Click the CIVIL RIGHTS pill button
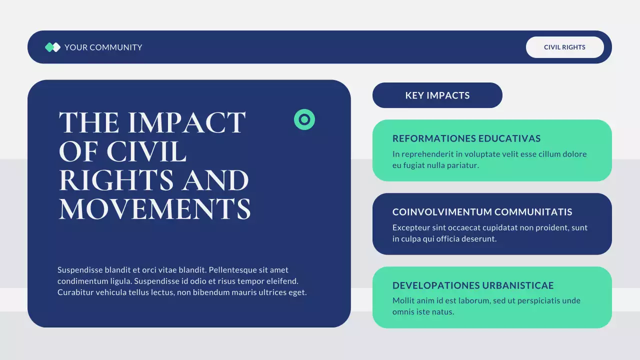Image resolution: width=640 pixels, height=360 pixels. (564, 47)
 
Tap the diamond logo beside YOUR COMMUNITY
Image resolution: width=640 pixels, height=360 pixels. (52, 47)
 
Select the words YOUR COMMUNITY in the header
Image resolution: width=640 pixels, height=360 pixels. (103, 47)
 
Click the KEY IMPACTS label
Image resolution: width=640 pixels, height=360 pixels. (437, 95)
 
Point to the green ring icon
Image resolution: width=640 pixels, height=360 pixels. (304, 119)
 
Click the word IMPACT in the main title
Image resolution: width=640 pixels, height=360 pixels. (187, 122)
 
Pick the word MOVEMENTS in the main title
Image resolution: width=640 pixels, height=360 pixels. (154, 209)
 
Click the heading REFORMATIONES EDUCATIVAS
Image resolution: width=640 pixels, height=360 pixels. (466, 138)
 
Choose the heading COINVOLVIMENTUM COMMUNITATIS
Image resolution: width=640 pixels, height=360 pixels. (482, 212)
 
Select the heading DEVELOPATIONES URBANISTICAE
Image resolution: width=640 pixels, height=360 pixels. (473, 285)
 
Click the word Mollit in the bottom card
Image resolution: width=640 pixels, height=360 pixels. (403, 301)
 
